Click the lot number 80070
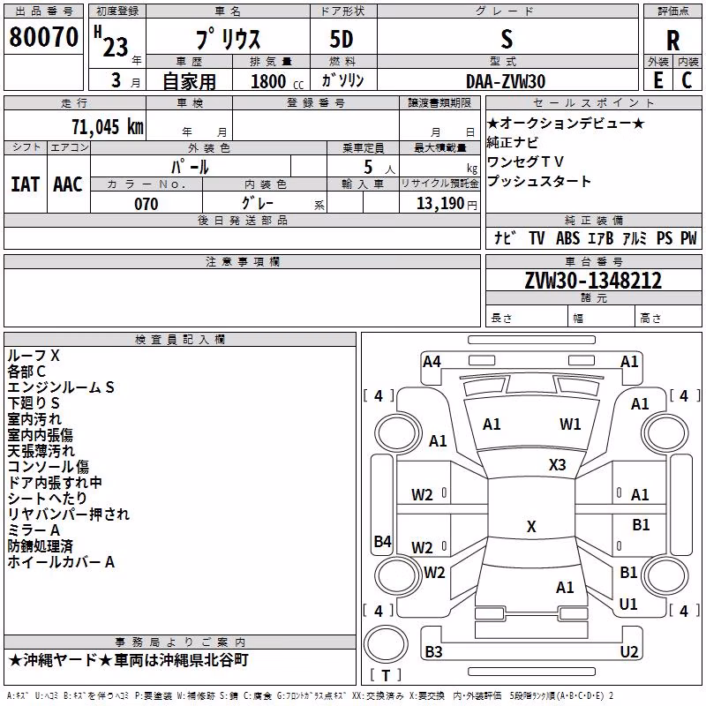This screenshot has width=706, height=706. click(x=43, y=37)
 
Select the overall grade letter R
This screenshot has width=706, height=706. click(x=672, y=41)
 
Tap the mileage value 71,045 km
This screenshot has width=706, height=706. click(x=108, y=127)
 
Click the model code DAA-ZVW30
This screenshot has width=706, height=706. click(x=506, y=81)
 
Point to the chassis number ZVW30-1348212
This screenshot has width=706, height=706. click(x=593, y=281)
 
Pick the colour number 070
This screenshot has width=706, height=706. click(x=146, y=204)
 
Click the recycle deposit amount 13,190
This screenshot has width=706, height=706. click(x=439, y=204)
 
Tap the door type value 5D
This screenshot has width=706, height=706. click(x=342, y=40)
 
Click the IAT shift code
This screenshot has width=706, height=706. click(x=26, y=184)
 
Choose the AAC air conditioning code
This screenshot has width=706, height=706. click(x=68, y=184)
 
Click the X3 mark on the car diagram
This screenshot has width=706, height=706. click(x=557, y=465)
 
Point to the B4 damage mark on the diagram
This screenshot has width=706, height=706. click(x=383, y=541)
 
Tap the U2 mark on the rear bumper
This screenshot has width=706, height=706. click(x=629, y=651)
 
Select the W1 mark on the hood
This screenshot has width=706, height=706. click(x=570, y=424)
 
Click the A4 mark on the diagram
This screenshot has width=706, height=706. click(x=432, y=362)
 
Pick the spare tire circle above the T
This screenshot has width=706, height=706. click(x=386, y=644)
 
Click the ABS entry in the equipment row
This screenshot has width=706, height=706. click(x=567, y=238)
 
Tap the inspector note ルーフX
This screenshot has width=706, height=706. click(x=34, y=356)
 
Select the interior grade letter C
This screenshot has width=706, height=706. click(x=687, y=80)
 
